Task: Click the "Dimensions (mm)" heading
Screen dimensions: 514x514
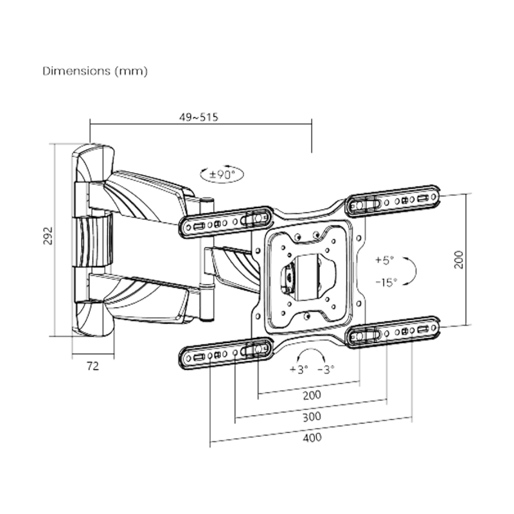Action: (x=95, y=71)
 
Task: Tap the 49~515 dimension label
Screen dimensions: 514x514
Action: (x=199, y=118)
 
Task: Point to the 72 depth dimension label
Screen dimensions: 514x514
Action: (x=93, y=366)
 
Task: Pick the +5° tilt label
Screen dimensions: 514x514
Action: (x=384, y=261)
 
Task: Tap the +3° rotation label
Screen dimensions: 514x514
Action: (x=299, y=369)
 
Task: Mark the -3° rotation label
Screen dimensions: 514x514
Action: (x=326, y=369)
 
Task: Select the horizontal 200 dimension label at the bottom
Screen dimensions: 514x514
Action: (x=312, y=394)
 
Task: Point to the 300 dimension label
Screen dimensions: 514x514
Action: (x=312, y=416)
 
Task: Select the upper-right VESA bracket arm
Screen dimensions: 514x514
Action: (x=393, y=201)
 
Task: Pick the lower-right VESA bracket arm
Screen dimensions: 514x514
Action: (x=393, y=332)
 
